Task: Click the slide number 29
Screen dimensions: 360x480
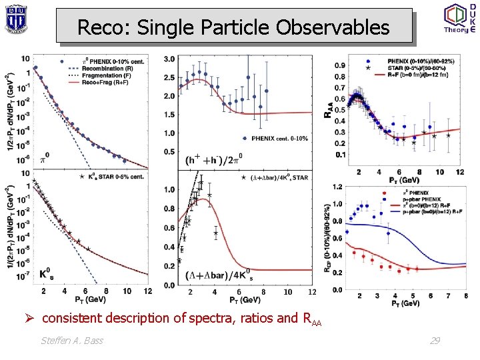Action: (x=434, y=341)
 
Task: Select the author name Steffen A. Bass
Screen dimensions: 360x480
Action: (x=73, y=341)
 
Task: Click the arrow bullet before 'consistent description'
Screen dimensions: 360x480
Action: (x=31, y=318)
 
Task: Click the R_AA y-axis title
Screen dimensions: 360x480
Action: (x=328, y=106)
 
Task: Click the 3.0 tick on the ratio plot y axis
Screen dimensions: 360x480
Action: (x=169, y=59)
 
